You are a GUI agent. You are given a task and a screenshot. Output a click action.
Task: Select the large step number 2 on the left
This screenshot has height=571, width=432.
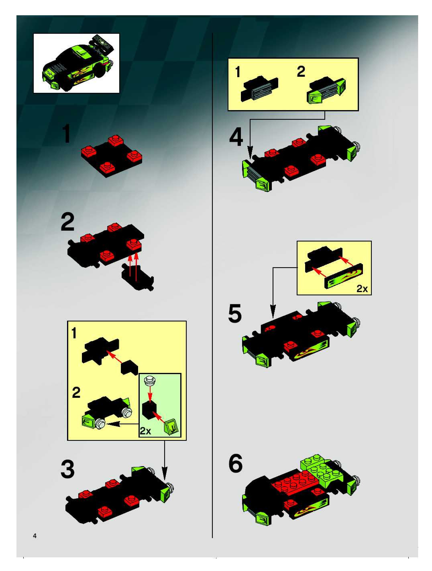(68, 222)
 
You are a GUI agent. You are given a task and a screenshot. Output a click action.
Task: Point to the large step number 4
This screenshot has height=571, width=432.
(236, 138)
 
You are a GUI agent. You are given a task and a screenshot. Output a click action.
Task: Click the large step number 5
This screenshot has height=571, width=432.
(235, 313)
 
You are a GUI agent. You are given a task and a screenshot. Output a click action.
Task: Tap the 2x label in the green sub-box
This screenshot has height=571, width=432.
(146, 431)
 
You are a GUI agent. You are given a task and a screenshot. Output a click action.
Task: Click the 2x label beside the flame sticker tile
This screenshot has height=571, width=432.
(362, 289)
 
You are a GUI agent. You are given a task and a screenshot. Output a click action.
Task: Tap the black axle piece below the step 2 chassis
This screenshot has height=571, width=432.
(138, 279)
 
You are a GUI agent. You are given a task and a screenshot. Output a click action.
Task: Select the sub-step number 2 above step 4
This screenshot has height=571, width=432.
(301, 72)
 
